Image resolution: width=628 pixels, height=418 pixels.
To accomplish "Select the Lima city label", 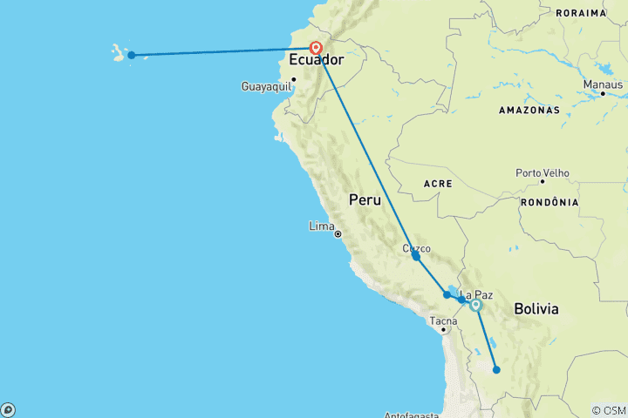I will pos(321,226).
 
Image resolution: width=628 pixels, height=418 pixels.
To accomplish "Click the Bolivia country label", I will pos(536,309).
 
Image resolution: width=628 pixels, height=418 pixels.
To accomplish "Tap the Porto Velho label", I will pos(542,172).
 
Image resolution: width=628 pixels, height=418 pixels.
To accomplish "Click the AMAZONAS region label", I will pos(529,111).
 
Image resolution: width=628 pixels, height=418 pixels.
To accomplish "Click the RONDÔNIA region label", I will pos(549,202).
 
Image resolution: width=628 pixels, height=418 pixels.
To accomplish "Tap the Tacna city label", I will pos(443,320).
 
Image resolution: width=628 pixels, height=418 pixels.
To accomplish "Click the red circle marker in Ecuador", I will pos(316,49).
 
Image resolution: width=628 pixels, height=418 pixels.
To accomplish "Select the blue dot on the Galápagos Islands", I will pos(131,56).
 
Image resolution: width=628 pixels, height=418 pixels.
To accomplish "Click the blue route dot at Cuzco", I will pos(416,256).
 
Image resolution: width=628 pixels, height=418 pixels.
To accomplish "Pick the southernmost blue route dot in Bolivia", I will pos(496,370).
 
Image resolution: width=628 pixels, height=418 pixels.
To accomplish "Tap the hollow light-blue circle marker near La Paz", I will pos(475,305).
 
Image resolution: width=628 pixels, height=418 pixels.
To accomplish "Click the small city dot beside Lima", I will pos(338,233).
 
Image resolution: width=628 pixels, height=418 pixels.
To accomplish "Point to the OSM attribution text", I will pos(608,410).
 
